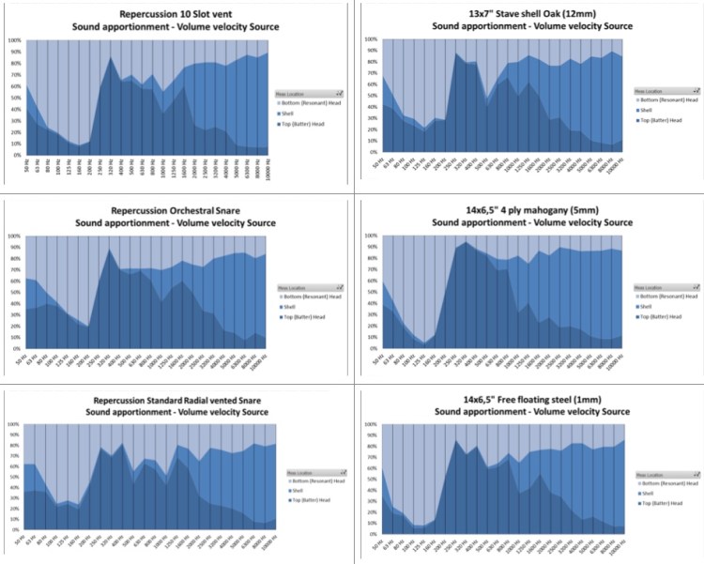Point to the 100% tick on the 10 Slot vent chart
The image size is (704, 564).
(14, 40)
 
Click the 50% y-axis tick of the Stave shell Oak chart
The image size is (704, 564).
(371, 96)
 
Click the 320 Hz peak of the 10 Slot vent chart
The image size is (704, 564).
(112, 58)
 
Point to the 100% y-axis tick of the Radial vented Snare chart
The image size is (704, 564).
(14, 424)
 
